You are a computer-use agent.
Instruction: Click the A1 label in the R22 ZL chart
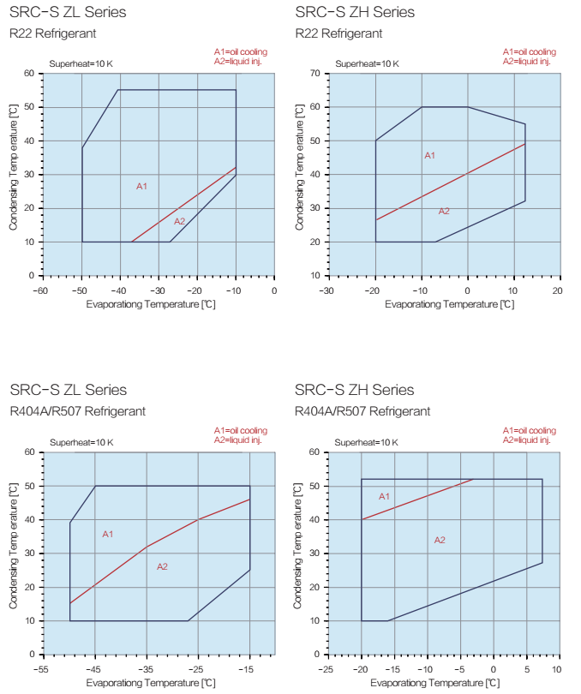(142, 186)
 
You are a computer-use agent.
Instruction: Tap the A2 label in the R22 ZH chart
(444, 211)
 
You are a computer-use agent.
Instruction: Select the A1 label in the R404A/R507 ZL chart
(108, 534)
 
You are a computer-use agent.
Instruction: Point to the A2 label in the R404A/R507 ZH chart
(440, 540)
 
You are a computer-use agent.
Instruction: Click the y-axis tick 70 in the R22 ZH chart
(314, 74)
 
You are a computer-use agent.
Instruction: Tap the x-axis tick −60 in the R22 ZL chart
(39, 290)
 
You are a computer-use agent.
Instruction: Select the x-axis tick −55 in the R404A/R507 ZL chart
(39, 668)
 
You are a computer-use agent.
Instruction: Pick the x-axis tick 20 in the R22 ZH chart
(556, 290)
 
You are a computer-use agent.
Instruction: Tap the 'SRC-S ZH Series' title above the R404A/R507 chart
(355, 391)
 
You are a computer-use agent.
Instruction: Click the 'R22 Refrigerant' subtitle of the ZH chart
(338, 33)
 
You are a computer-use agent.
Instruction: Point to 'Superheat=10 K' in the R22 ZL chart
(81, 63)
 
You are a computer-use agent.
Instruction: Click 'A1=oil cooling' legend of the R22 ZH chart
(529, 52)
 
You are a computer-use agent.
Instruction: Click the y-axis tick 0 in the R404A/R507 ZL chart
(31, 654)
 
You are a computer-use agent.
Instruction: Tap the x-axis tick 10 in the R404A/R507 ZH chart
(556, 668)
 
